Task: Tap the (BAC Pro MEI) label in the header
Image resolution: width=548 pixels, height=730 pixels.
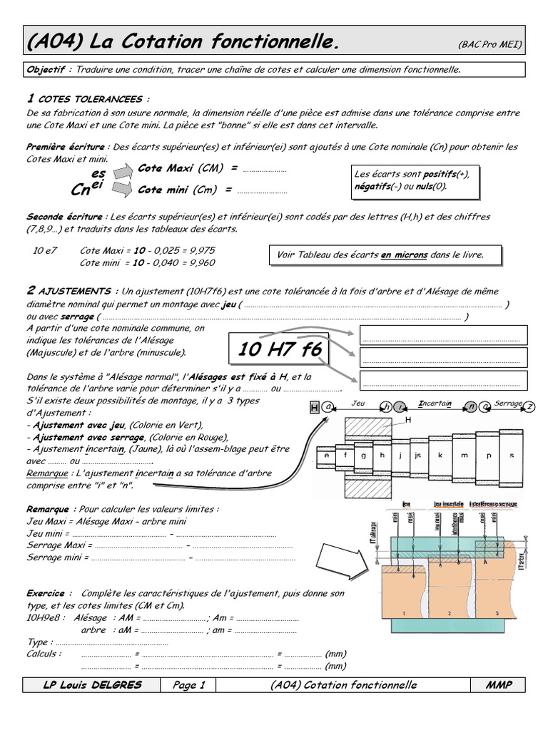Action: [x=489, y=45]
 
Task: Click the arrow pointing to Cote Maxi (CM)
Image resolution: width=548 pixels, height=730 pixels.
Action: [x=123, y=170]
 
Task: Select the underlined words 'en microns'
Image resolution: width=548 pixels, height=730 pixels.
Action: [x=403, y=255]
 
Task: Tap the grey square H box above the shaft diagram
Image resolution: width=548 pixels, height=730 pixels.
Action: [x=314, y=407]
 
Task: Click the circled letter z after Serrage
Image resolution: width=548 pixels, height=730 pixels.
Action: [x=529, y=406]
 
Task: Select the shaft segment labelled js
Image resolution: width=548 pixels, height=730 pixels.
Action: [x=418, y=454]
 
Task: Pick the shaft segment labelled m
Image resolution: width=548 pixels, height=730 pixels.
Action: [x=465, y=454]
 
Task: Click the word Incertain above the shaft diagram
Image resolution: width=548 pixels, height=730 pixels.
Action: [x=435, y=403]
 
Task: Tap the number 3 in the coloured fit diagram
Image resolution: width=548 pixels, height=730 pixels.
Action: [x=497, y=613]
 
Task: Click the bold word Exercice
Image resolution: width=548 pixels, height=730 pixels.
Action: [x=49, y=593]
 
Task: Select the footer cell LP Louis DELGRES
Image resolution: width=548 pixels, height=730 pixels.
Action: [x=92, y=685]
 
